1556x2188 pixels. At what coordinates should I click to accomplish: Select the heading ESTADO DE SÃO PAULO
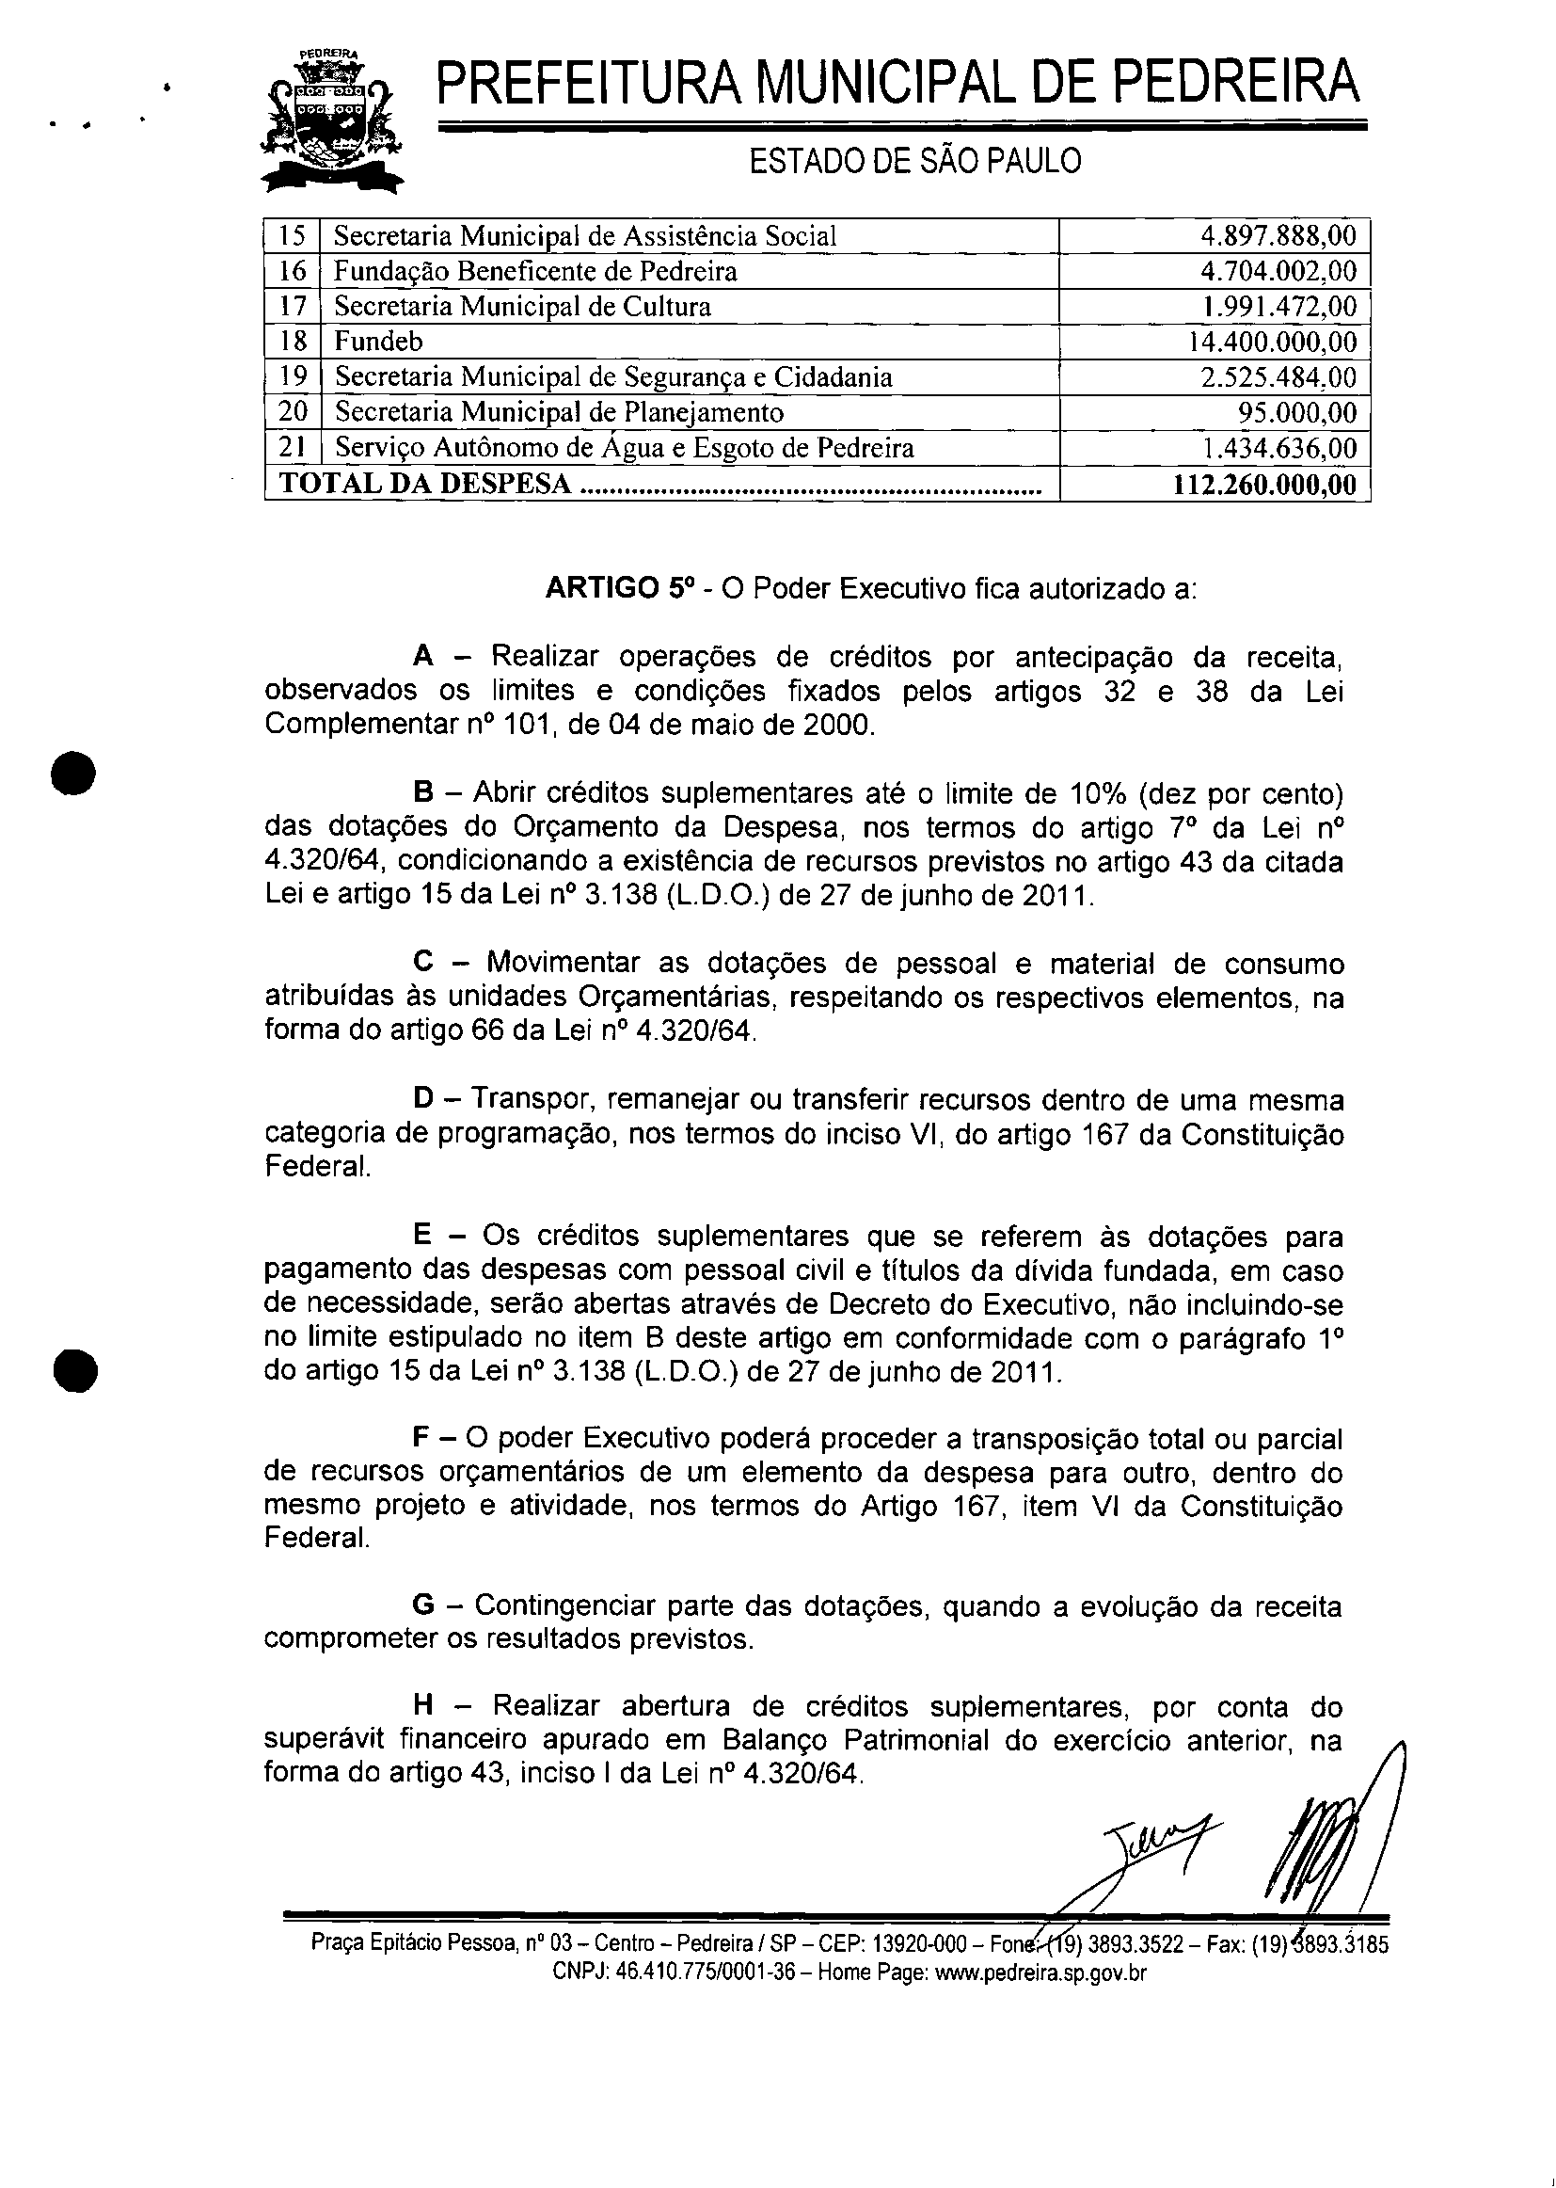click(x=915, y=161)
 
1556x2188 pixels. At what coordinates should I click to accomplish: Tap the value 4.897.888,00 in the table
click(x=1278, y=236)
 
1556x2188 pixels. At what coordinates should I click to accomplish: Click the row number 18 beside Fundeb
click(x=293, y=343)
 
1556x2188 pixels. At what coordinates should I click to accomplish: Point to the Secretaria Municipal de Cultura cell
click(x=522, y=307)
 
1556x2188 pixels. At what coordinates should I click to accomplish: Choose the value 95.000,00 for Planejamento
click(x=1297, y=413)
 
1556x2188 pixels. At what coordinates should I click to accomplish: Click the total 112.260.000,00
click(x=1264, y=485)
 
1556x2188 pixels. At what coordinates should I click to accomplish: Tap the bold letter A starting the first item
click(x=423, y=657)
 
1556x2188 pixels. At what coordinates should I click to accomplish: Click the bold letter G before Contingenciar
click(x=422, y=1605)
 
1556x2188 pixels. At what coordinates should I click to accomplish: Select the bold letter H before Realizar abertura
click(x=423, y=1706)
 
